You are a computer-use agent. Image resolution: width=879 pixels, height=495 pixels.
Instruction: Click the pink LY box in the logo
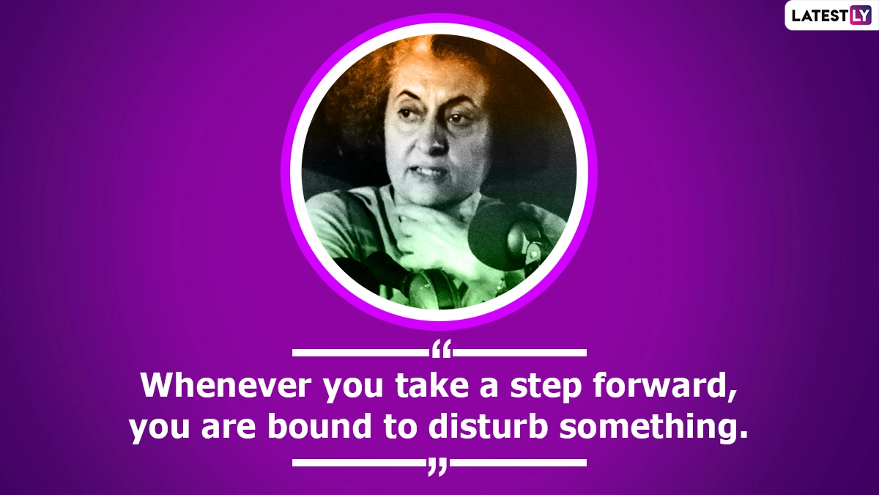coord(859,15)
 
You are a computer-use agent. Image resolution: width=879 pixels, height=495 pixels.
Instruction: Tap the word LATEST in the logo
coord(818,15)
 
